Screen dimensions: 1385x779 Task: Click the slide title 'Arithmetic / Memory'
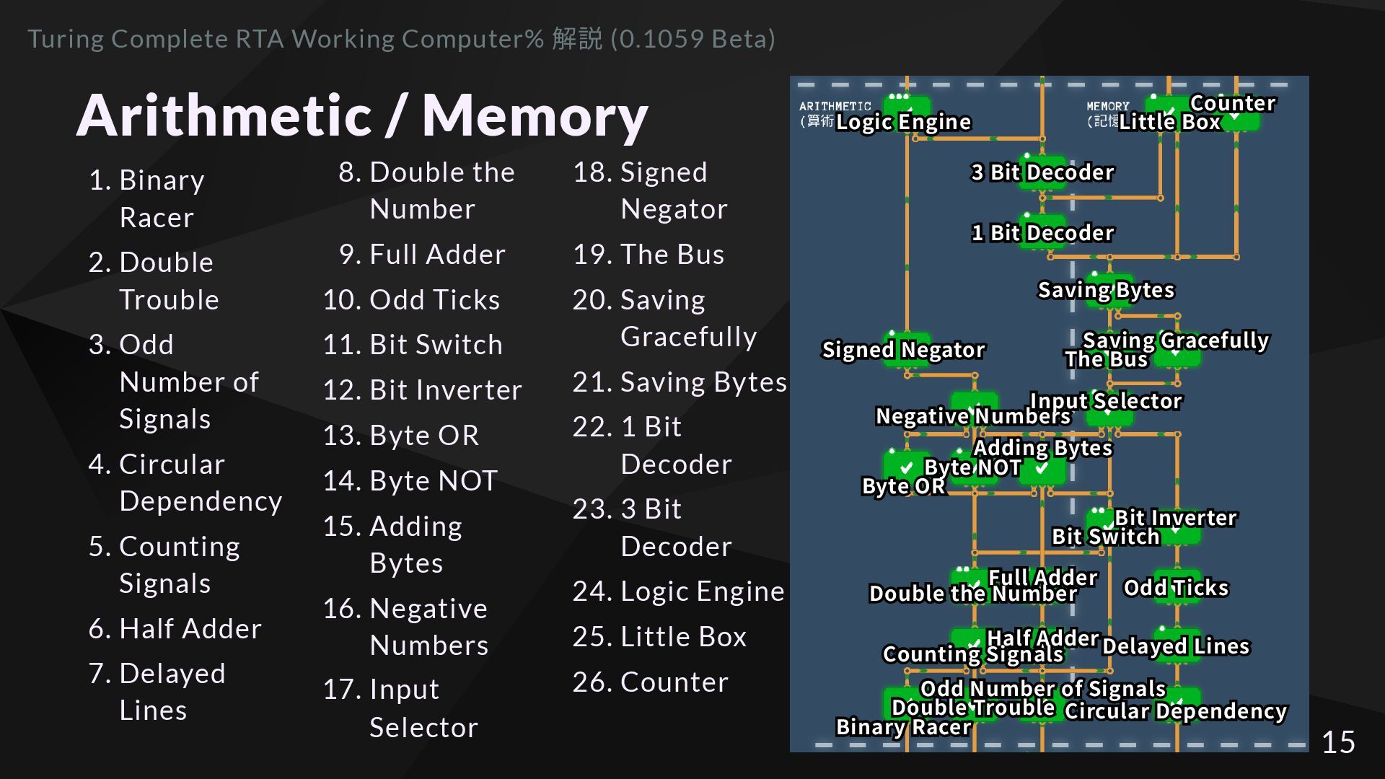tap(362, 115)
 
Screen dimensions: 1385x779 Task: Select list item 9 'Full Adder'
tap(422, 255)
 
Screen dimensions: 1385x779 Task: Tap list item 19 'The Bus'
tap(648, 255)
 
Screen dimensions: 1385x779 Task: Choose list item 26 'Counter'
tap(650, 682)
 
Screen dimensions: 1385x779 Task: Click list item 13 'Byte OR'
tap(401, 436)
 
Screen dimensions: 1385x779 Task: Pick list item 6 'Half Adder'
tap(175, 629)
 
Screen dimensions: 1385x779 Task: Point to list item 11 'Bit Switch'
tap(412, 345)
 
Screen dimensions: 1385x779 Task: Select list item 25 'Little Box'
tap(659, 637)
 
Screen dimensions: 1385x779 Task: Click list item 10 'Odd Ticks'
tap(411, 300)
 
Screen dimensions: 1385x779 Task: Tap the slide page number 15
tap(1338, 742)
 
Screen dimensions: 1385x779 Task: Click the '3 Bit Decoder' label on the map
tap(1042, 172)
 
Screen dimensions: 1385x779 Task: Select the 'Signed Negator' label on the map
tap(903, 350)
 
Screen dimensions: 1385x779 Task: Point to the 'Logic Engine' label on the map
tap(903, 122)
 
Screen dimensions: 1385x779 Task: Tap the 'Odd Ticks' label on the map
tap(1176, 588)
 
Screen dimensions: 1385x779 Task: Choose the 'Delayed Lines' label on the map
tap(1176, 646)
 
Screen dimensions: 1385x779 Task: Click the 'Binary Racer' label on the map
tap(903, 727)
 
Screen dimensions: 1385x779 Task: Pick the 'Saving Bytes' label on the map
tap(1106, 290)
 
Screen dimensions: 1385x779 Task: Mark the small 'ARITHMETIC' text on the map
tap(835, 106)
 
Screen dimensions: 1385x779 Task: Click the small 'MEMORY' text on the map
tap(1107, 106)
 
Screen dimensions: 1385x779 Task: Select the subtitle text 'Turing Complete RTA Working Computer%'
tap(286, 39)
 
